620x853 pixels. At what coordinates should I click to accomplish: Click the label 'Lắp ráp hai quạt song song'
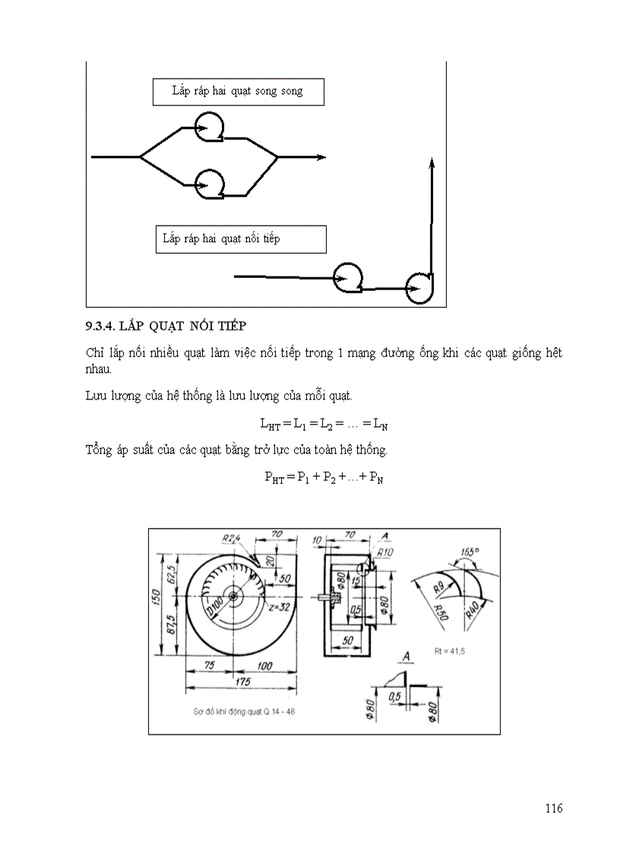237,91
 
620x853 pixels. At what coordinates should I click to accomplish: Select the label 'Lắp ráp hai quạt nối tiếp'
221,239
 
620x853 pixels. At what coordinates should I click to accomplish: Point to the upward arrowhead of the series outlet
432,163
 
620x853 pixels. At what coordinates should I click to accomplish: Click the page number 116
553,808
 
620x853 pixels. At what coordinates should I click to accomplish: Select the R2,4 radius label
231,539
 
